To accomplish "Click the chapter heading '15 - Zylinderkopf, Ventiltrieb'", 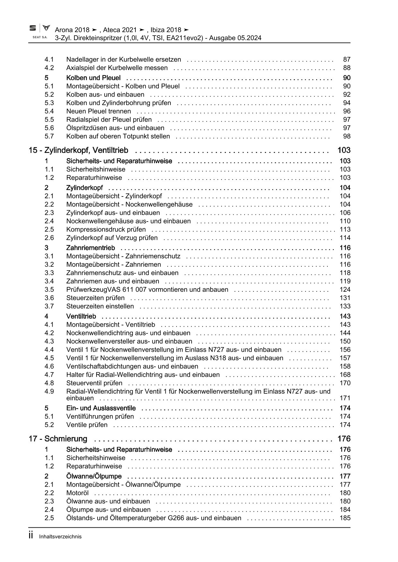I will [x=78, y=150].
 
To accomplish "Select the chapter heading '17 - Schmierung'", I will [x=58, y=439].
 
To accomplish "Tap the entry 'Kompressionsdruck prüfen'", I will [x=106, y=230].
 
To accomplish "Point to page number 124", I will [x=345, y=290].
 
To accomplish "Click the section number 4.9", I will [x=49, y=391].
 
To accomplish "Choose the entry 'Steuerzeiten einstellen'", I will [x=100, y=306].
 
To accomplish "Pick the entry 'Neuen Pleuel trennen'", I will [x=99, y=112].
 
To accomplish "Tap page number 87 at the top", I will [x=347, y=60].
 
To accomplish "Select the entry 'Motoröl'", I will [x=77, y=493].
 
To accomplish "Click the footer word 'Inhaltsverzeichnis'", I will [x=60, y=537].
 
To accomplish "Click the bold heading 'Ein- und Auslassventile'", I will [x=101, y=408].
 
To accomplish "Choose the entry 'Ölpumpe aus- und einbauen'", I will [x=108, y=510].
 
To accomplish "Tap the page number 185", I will [x=345, y=518].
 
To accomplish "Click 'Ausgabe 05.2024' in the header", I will [x=236, y=38].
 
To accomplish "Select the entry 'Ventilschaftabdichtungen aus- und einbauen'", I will [x=132, y=366].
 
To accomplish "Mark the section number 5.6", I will [x=49, y=128].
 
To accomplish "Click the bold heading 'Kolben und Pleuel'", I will [x=93, y=78].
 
